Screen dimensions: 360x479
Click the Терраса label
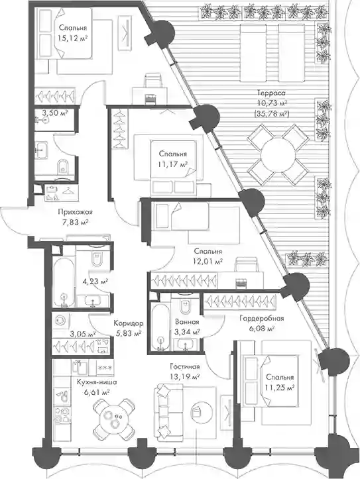pyautogui.click(x=271, y=93)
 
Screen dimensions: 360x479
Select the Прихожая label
pyautogui.click(x=75, y=212)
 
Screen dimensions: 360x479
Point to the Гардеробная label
pyautogui.click(x=262, y=319)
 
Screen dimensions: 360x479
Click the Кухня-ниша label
pyautogui.click(x=97, y=382)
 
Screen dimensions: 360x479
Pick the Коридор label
pyautogui.click(x=129, y=323)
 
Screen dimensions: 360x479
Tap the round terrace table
pyautogui.click(x=278, y=154)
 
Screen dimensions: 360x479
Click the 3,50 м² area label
pyautogui.click(x=55, y=113)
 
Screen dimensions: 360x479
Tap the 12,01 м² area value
pyautogui.click(x=208, y=262)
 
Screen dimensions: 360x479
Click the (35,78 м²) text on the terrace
pyautogui.click(x=271, y=114)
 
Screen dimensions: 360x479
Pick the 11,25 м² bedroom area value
pyautogui.click(x=280, y=388)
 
